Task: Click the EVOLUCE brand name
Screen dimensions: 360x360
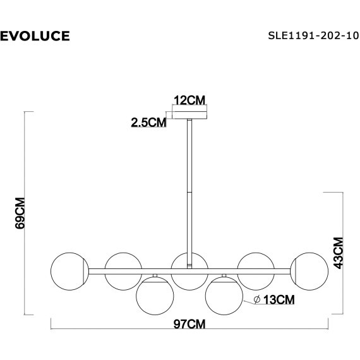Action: point(35,35)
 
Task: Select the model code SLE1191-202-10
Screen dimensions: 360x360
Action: point(309,35)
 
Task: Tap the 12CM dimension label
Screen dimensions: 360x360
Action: point(190,100)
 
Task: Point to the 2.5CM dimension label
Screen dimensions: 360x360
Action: point(148,123)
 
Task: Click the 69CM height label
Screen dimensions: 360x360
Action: point(20,213)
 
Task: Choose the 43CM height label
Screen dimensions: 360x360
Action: point(339,253)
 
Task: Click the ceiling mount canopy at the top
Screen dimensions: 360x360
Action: point(190,115)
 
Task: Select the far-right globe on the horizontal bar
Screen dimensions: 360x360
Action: point(310,271)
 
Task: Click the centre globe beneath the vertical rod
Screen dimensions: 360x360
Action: point(189,271)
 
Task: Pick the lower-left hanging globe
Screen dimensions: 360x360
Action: point(155,294)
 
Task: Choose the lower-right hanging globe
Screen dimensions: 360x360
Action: point(224,294)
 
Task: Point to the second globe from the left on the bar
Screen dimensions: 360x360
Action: point(124,270)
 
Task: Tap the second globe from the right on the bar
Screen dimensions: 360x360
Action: point(256,270)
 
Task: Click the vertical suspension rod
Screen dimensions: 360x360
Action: point(189,164)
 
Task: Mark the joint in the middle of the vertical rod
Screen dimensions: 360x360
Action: point(189,191)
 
